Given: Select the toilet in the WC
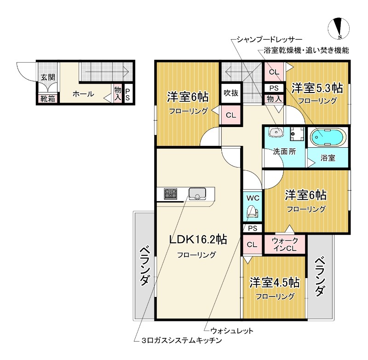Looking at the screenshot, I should tap(253, 212).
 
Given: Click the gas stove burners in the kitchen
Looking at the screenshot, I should tap(169, 194).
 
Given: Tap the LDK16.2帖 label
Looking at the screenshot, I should tap(198, 239).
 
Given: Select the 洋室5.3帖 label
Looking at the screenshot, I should tap(317, 87).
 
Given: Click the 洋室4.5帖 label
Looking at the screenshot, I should tap(275, 282).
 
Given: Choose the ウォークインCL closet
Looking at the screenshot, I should tap(285, 244).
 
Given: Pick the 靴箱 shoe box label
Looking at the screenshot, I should tap(47, 98).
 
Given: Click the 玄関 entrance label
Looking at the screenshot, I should tap(47, 77).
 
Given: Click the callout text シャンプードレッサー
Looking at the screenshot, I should tap(269, 39).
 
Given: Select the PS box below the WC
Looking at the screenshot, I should tap(252, 228).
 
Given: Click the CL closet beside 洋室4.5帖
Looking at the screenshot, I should tap(252, 244).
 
